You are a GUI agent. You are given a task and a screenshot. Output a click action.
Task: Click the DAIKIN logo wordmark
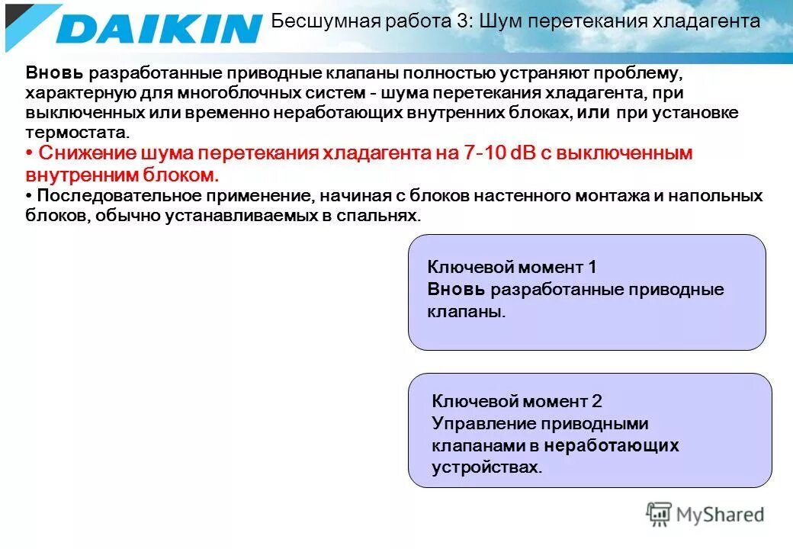click(x=159, y=29)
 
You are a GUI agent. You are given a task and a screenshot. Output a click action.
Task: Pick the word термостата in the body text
click(x=64, y=133)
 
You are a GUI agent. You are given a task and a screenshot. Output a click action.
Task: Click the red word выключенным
click(x=628, y=153)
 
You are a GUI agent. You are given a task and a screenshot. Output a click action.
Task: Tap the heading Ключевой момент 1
click(x=512, y=267)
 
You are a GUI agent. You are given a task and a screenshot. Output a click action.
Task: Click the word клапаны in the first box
click(x=466, y=312)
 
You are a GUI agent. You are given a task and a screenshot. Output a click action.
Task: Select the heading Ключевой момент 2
click(x=517, y=401)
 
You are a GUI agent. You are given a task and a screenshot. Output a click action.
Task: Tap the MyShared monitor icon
click(x=659, y=514)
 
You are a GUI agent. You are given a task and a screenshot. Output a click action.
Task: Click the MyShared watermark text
click(x=720, y=515)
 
